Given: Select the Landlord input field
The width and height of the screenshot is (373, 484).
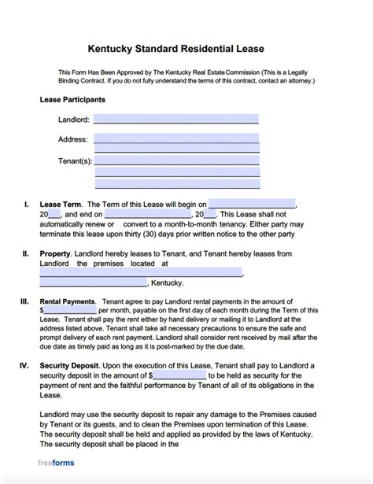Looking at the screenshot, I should pos(175,120).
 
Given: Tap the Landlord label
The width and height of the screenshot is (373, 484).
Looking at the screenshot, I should pos(73,120).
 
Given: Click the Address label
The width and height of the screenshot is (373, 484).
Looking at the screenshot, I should pos(72,139).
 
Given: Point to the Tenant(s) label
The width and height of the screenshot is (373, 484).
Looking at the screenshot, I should pos(75,161).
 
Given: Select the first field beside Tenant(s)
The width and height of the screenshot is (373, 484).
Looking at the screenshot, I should pos(175,161).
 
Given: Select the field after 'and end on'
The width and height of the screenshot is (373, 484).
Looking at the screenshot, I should pos(147,214).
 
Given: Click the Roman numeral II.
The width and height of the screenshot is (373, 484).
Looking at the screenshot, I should pos(25,254).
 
